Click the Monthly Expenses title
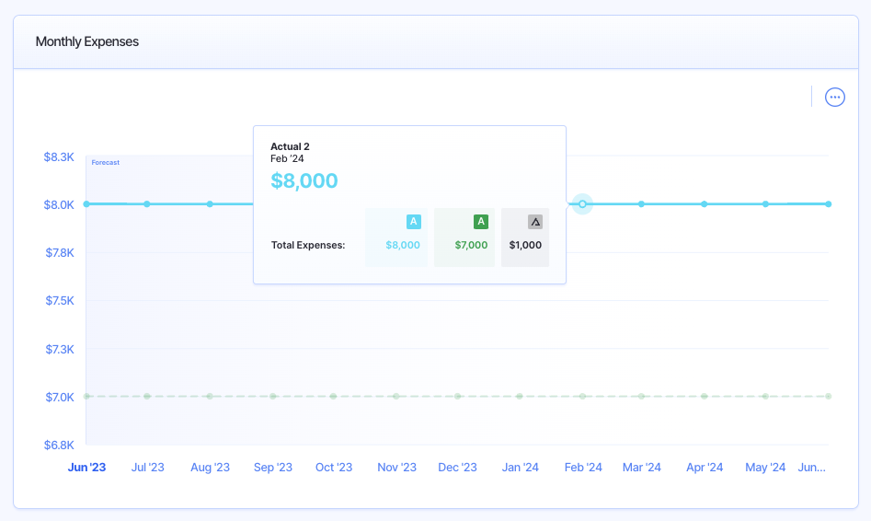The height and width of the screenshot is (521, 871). (x=87, y=41)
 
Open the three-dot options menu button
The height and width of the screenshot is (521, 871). (x=834, y=97)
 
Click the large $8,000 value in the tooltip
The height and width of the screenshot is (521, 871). (x=304, y=180)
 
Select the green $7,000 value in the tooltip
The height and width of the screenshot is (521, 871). (x=471, y=245)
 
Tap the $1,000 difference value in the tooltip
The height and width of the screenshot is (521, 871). (x=525, y=245)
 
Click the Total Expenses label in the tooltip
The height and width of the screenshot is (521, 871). (x=308, y=245)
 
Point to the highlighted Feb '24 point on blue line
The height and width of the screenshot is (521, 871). (x=582, y=203)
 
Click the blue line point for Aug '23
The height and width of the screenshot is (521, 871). (x=210, y=203)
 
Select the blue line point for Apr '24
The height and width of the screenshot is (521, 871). (x=705, y=203)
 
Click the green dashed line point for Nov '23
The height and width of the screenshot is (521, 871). (x=396, y=396)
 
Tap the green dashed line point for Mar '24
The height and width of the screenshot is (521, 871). (x=642, y=396)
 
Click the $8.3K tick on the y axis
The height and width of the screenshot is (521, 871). (x=59, y=156)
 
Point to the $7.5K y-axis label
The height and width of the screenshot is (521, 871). (x=59, y=300)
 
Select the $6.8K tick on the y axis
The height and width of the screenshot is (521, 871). (x=59, y=445)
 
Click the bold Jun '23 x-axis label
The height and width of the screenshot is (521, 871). (x=87, y=467)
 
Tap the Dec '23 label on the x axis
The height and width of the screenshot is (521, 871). (x=457, y=467)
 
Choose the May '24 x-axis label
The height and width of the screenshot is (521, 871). (x=765, y=467)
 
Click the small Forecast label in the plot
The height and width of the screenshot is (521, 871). (x=106, y=162)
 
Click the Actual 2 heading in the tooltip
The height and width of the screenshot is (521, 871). (x=290, y=146)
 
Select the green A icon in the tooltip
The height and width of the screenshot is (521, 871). (x=480, y=221)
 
